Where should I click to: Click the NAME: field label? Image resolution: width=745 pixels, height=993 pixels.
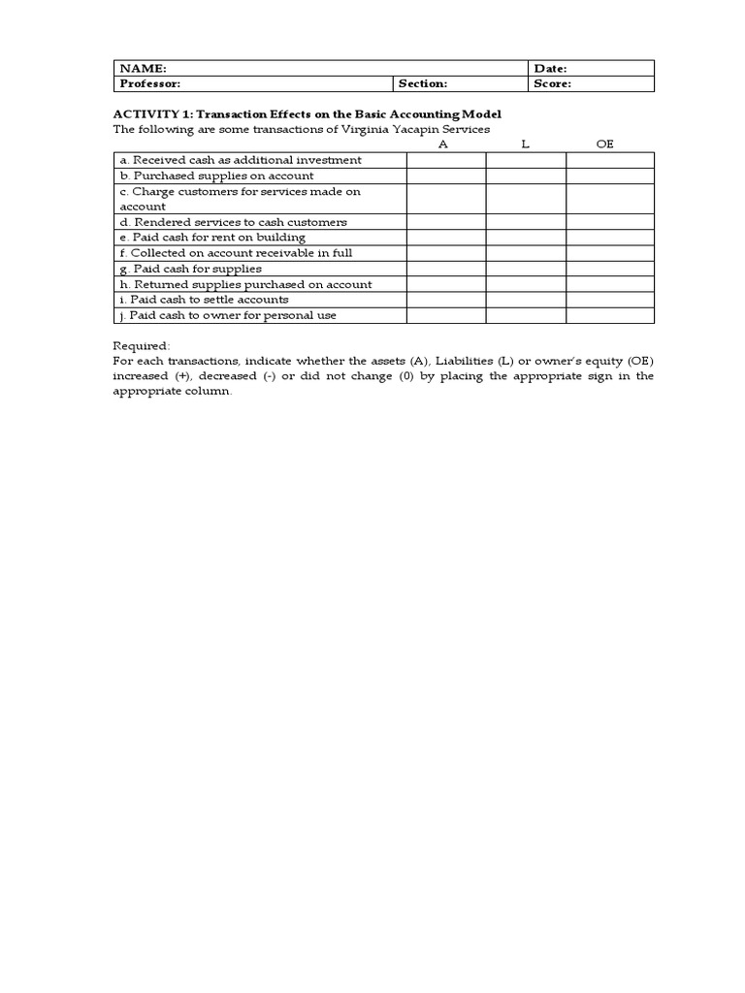[x=144, y=69]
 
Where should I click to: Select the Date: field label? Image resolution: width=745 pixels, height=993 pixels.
[x=551, y=69]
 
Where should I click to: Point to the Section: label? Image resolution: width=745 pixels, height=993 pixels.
[x=422, y=83]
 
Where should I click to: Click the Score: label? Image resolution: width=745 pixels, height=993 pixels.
[x=553, y=83]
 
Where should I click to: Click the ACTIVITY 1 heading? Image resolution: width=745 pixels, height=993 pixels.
[x=308, y=114]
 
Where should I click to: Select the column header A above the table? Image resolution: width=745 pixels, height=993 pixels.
[x=443, y=144]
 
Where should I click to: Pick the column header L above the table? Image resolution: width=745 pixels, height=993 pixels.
[x=525, y=144]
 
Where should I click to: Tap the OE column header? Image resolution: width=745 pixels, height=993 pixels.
[x=605, y=144]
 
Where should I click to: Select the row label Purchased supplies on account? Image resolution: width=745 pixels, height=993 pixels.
[x=216, y=176]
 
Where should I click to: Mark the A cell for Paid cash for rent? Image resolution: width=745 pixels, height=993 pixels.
[x=446, y=238]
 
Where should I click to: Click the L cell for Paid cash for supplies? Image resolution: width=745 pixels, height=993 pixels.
[x=526, y=269]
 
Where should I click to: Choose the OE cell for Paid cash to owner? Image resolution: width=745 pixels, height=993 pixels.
[x=610, y=315]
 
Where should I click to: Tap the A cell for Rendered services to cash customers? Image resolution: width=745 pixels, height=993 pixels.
[x=446, y=222]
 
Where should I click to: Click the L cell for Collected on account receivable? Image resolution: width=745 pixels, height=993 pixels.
[x=526, y=253]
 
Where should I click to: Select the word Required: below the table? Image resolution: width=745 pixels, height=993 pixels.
[x=142, y=345]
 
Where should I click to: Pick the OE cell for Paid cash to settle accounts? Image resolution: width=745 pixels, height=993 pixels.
[x=610, y=300]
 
